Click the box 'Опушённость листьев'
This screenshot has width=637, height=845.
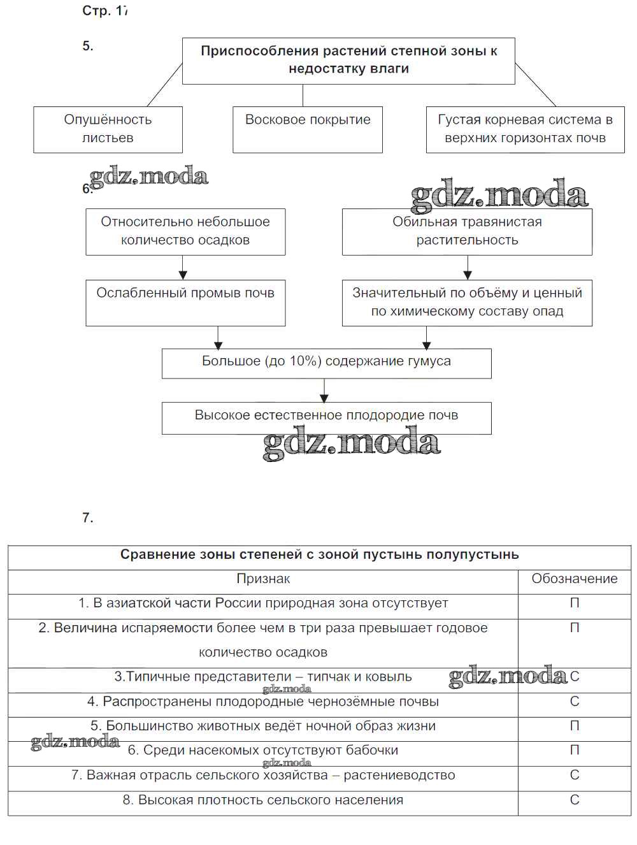pos(108,129)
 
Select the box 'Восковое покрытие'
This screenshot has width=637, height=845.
pos(308,129)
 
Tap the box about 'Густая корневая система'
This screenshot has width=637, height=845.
pos(525,129)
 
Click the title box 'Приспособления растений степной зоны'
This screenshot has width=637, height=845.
pos(348,61)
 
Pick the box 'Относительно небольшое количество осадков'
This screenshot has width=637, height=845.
pos(185,231)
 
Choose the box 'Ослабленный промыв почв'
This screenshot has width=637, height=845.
pos(185,303)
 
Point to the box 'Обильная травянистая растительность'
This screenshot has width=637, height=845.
pos(467,231)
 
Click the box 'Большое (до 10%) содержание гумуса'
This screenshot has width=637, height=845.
pos(326,363)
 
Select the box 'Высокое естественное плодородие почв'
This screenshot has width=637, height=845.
pos(326,417)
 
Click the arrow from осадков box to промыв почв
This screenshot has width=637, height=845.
pos(183,268)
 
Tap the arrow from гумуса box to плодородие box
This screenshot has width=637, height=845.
pos(325,390)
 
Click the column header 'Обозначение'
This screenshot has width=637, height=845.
pos(575,579)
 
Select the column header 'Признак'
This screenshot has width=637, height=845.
pos(263,579)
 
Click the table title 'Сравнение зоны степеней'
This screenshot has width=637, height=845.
pos(319,554)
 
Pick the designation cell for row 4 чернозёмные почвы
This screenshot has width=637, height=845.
pos(575,702)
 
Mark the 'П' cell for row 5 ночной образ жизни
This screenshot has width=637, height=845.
pos(575,726)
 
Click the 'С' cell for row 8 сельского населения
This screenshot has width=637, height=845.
pos(575,800)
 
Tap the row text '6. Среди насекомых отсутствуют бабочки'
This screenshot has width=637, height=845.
pos(263,751)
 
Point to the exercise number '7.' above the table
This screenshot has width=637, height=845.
pos(88,517)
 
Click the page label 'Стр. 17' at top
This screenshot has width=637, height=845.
pos(105,11)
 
